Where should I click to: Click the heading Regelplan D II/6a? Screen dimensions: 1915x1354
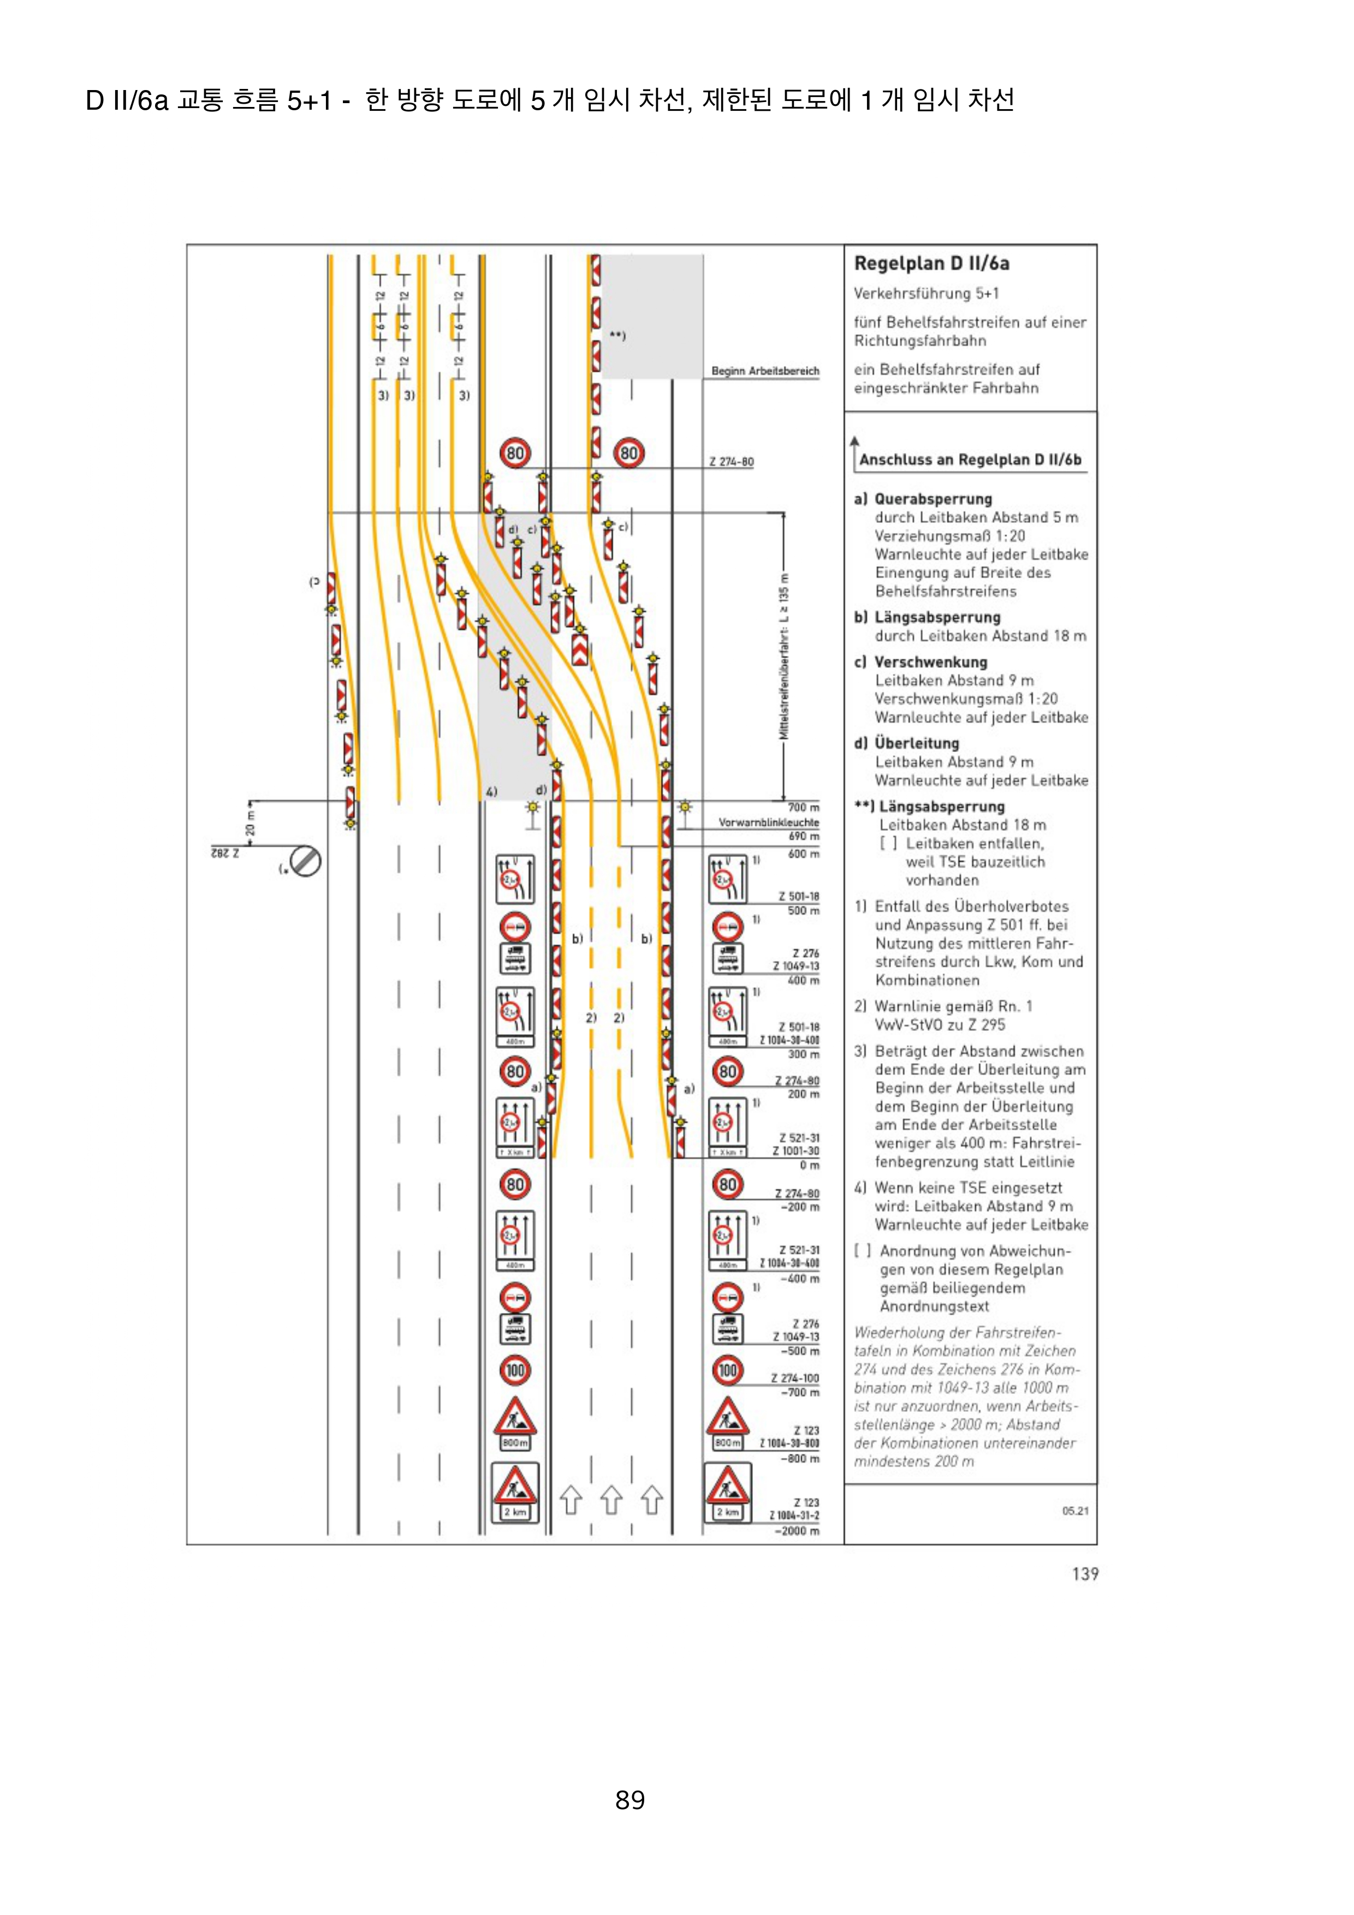click(x=931, y=264)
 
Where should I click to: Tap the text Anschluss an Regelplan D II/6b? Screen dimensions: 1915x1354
click(x=970, y=460)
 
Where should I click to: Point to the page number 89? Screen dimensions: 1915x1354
click(x=630, y=1799)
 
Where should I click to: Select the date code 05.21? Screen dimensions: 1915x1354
click(x=1076, y=1511)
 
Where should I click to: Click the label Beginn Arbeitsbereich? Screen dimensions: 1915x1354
click(x=765, y=371)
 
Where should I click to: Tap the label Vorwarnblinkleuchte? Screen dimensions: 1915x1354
click(x=768, y=822)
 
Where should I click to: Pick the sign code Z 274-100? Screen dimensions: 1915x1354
click(x=794, y=1379)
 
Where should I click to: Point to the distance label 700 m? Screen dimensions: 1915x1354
click(x=803, y=807)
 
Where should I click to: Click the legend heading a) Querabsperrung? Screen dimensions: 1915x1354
click(x=923, y=499)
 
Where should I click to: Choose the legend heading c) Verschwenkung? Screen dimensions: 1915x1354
click(x=920, y=662)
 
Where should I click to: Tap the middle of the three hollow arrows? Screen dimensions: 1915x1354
click(x=611, y=1500)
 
